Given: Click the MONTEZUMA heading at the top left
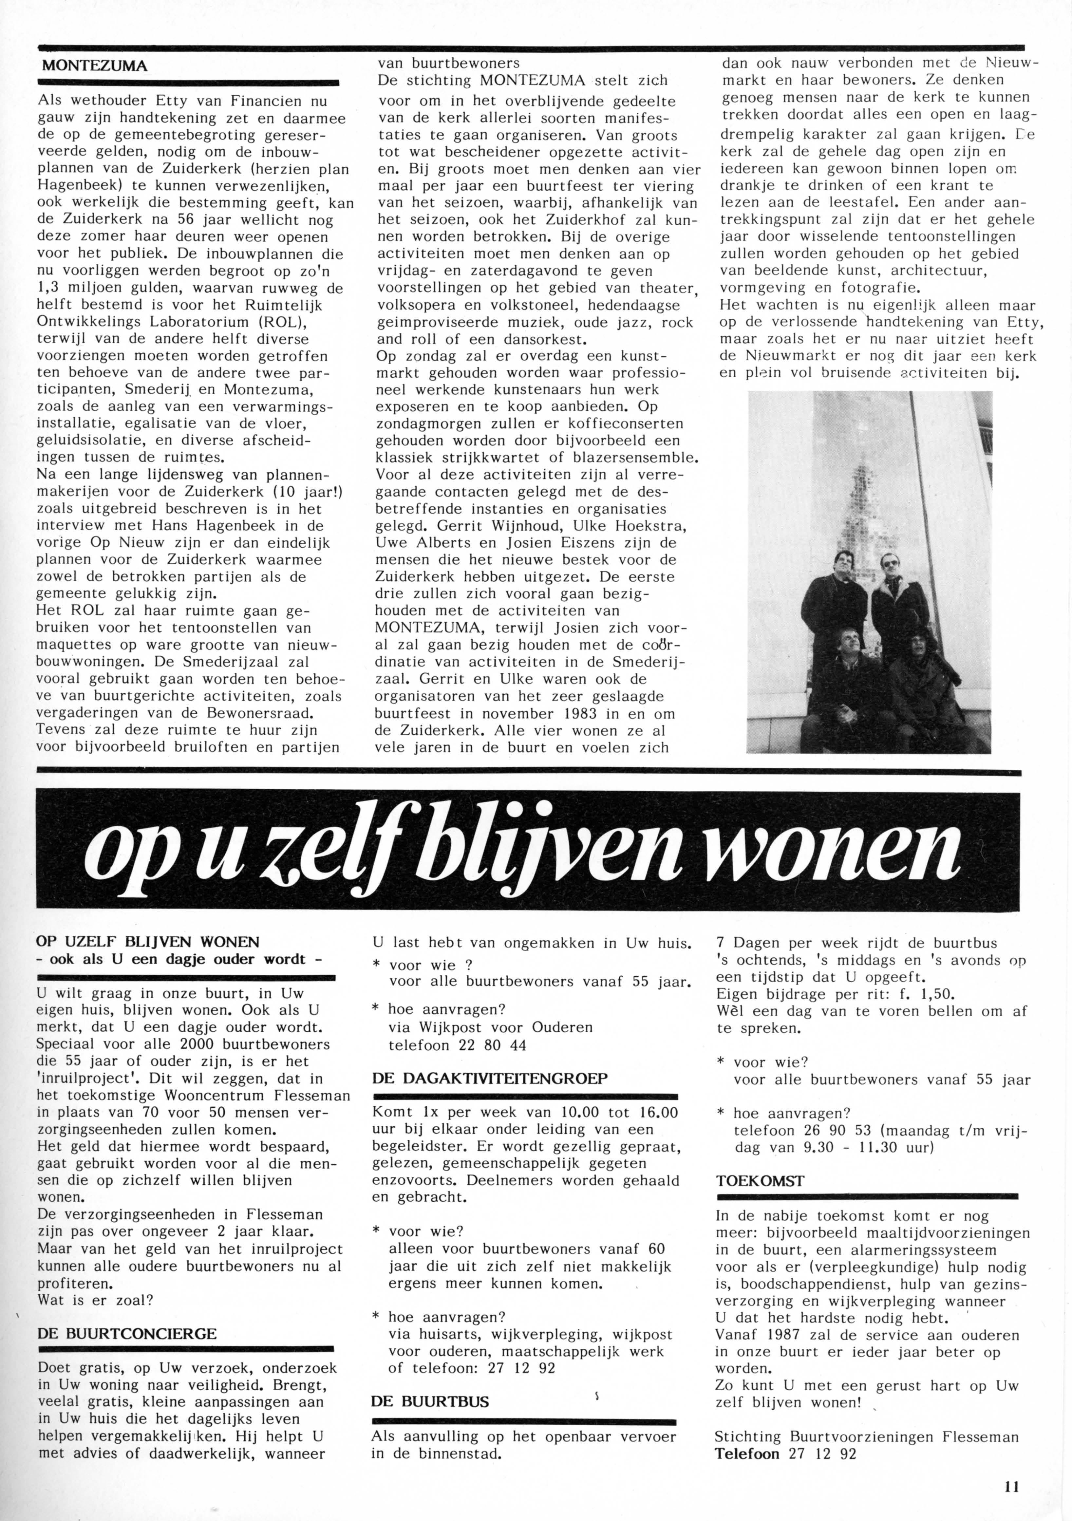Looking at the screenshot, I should (94, 66).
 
